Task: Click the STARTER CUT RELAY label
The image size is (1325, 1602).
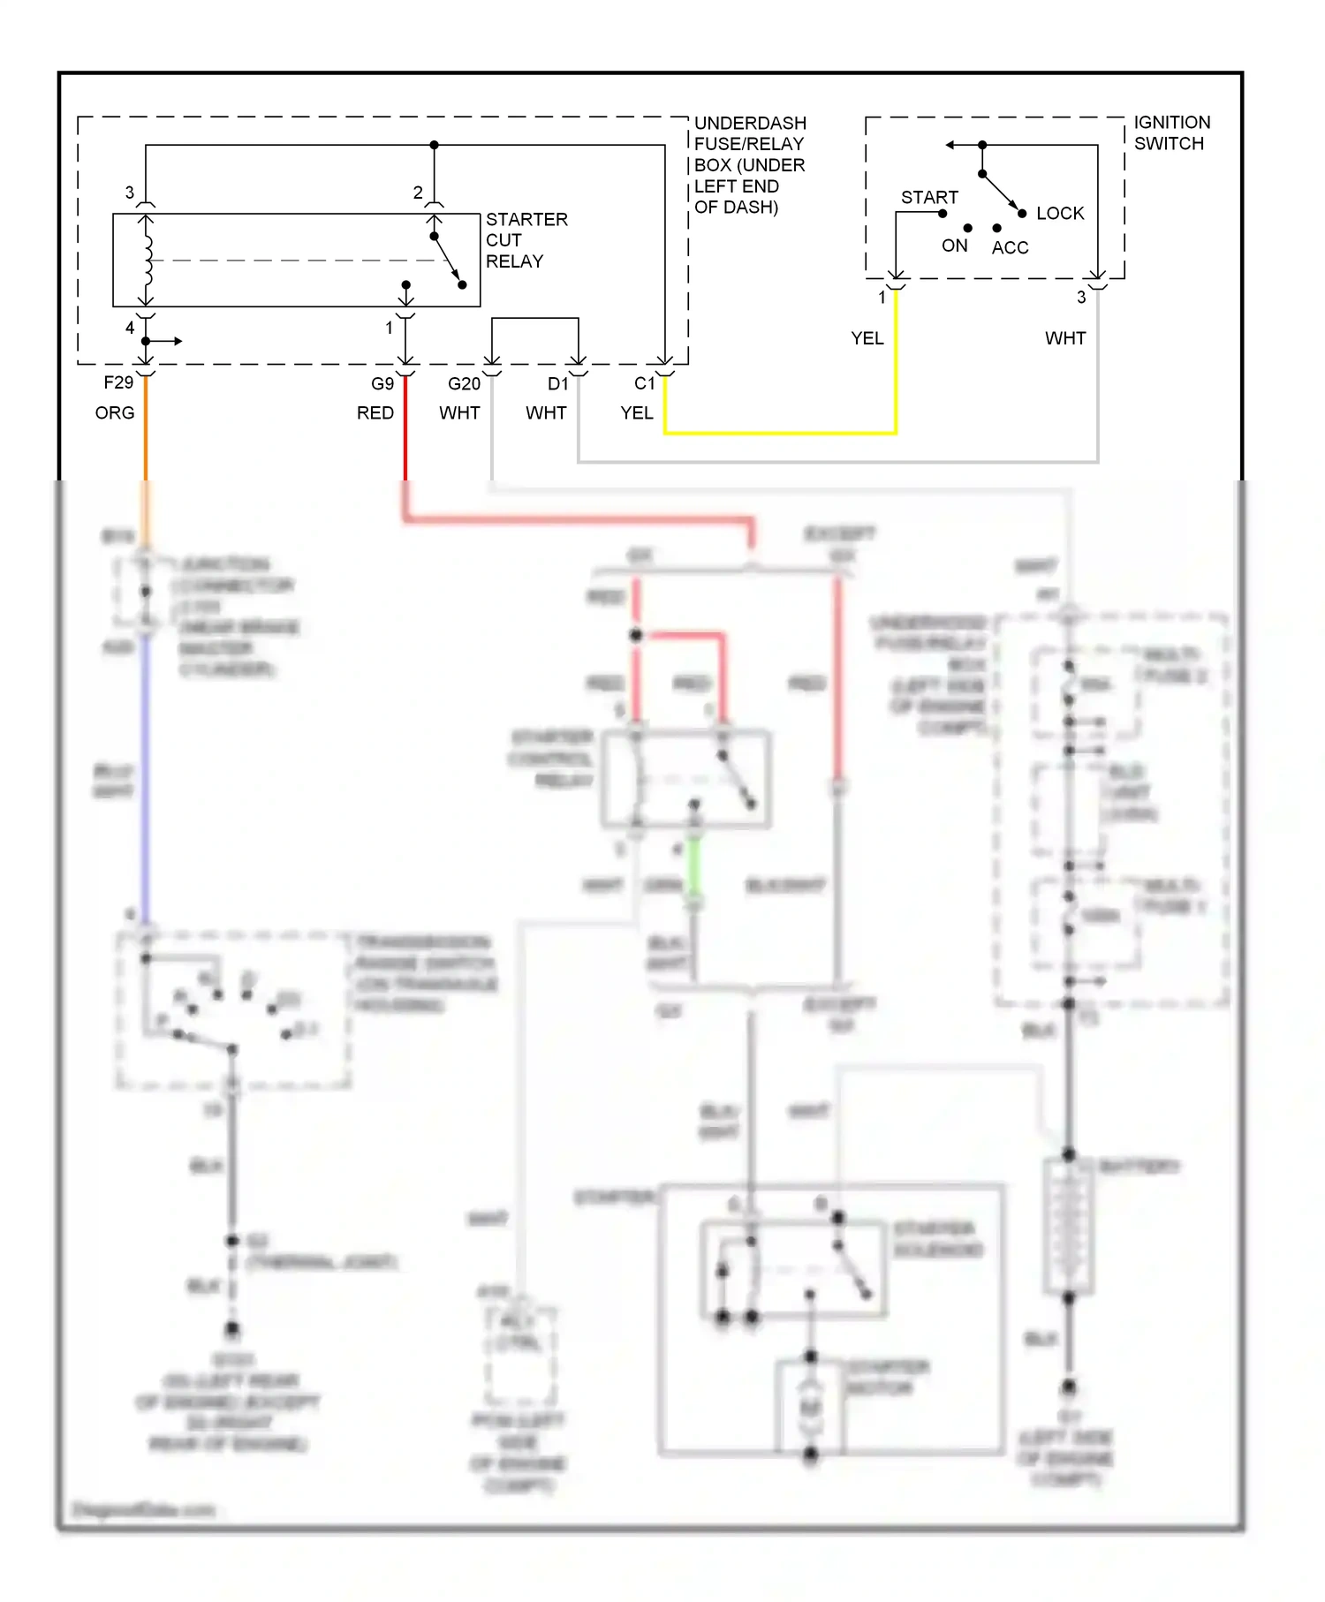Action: click(x=526, y=240)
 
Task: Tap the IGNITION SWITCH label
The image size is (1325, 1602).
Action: click(x=1171, y=132)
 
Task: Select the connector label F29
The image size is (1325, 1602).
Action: click(x=118, y=382)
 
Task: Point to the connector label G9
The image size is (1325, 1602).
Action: click(x=382, y=384)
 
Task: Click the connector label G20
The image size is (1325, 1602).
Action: click(x=464, y=384)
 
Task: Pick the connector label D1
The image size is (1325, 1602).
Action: click(x=557, y=384)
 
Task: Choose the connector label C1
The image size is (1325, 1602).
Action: click(x=644, y=384)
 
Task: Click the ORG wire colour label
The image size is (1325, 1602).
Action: click(x=115, y=413)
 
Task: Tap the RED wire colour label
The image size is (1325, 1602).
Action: click(x=375, y=413)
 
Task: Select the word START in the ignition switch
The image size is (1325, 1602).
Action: click(x=929, y=198)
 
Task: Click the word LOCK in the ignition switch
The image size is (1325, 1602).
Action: click(x=1059, y=214)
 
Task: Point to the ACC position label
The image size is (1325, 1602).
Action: click(x=1010, y=248)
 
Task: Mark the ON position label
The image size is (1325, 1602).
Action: click(x=954, y=246)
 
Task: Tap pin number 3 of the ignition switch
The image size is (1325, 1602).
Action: click(x=1081, y=298)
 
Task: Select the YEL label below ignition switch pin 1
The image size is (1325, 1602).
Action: click(x=867, y=339)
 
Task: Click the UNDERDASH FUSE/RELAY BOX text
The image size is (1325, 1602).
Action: click(x=749, y=164)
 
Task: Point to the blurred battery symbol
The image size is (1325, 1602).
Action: click(x=1068, y=1228)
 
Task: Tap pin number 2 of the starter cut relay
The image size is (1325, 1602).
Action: click(x=418, y=193)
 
